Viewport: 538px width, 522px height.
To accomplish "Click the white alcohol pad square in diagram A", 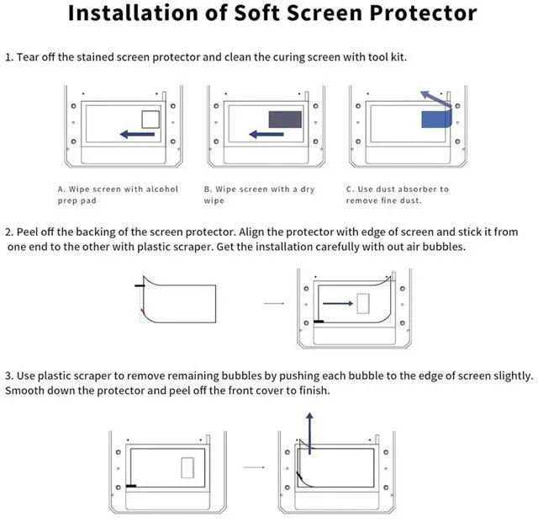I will click(x=150, y=119).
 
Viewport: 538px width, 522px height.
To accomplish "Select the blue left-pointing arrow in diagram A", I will click(x=136, y=133).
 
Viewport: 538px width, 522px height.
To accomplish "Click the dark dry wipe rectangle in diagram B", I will click(x=284, y=120).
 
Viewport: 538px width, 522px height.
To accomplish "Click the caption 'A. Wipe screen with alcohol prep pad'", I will click(x=118, y=194).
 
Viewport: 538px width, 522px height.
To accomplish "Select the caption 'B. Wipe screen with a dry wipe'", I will click(x=259, y=194).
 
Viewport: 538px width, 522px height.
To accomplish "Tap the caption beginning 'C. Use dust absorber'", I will click(x=398, y=194).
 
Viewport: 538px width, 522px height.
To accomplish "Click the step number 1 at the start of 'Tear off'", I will click(x=8, y=57).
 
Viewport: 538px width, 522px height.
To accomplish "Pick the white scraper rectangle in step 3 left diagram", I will click(x=187, y=466).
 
